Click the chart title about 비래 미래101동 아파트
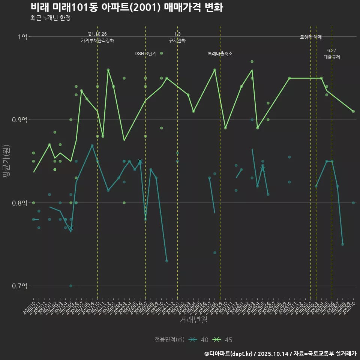click(127, 7)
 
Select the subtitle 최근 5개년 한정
click(50, 18)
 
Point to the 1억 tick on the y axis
click(22, 37)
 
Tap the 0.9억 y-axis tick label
click(20, 120)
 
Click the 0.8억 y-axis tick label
click(20, 203)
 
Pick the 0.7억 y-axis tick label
click(20, 286)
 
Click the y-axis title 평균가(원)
click(6, 161)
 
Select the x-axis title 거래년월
click(193, 319)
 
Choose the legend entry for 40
click(199, 340)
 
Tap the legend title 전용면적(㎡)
click(169, 340)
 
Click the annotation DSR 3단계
click(145, 54)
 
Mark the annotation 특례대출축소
click(220, 54)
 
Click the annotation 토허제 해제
click(311, 37)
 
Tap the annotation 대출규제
click(332, 57)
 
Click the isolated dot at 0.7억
click(71, 286)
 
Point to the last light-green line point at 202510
click(353, 111)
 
